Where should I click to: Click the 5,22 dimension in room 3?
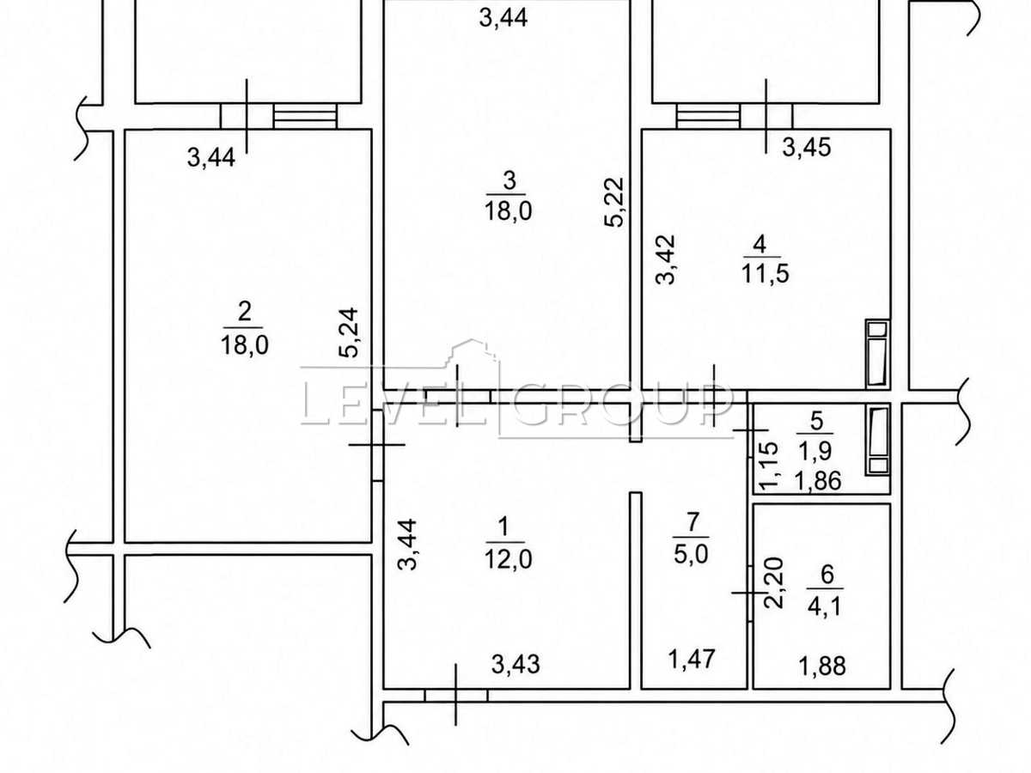pos(614,203)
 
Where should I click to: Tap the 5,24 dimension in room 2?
pos(349,332)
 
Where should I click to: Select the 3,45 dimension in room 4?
pos(807,148)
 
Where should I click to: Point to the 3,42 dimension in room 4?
pos(665,259)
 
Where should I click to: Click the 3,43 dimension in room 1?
pos(515,664)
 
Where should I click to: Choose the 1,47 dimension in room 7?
pos(692,659)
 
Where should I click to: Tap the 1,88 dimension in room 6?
pos(822,666)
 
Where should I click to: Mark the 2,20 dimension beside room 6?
pos(773,582)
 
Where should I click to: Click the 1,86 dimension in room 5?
pos(818,481)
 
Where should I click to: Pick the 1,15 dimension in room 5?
pos(769,466)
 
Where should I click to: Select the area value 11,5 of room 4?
pos(766,273)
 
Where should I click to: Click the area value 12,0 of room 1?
pos(509,559)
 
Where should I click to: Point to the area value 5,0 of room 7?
pos(691,554)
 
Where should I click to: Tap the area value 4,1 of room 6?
pos(825,606)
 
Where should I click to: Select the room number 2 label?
pos(245,311)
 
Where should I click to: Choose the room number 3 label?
pos(509,180)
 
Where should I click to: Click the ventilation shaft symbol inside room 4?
pos(877,353)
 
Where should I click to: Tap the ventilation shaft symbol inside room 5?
pos(879,441)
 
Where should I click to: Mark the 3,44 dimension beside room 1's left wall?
pos(406,545)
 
